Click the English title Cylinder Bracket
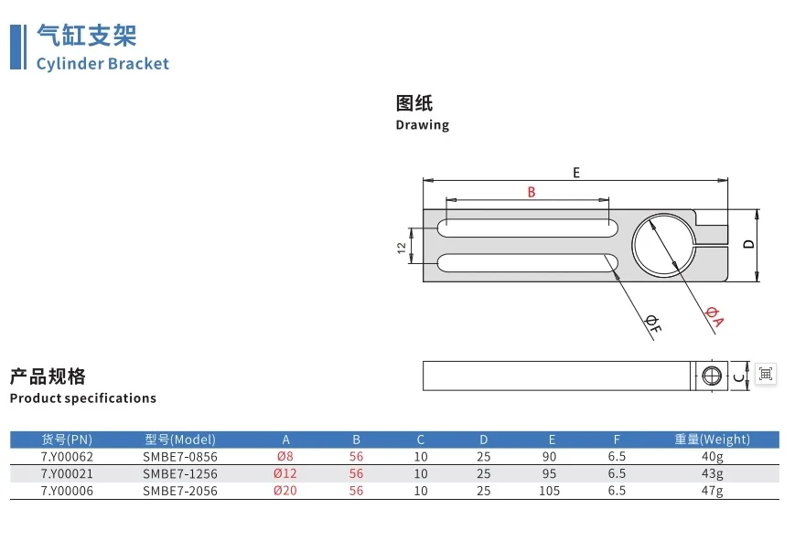coord(102,64)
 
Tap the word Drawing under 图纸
coord(422,125)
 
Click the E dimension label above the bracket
coord(576,173)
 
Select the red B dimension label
coord(532,192)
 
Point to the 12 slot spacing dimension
coord(402,248)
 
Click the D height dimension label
coord(749,244)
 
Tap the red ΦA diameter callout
coord(714,316)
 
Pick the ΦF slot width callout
coord(653,324)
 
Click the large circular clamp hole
coord(633,246)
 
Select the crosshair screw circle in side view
coord(712,376)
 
